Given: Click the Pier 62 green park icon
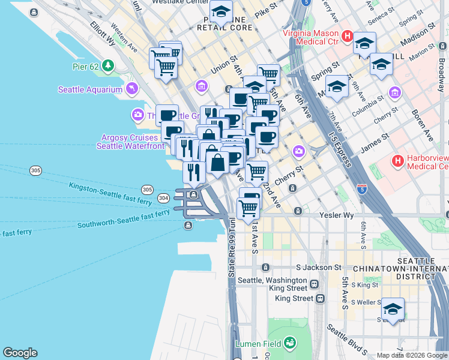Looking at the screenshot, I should point(107,65).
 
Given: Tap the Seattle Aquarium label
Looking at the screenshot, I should point(89,90).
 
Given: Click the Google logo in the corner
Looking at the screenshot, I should point(20,353).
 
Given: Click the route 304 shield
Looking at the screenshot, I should point(163,197).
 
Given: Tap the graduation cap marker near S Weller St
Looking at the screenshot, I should point(393,310).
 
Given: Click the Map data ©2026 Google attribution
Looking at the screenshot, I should point(412,355).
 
